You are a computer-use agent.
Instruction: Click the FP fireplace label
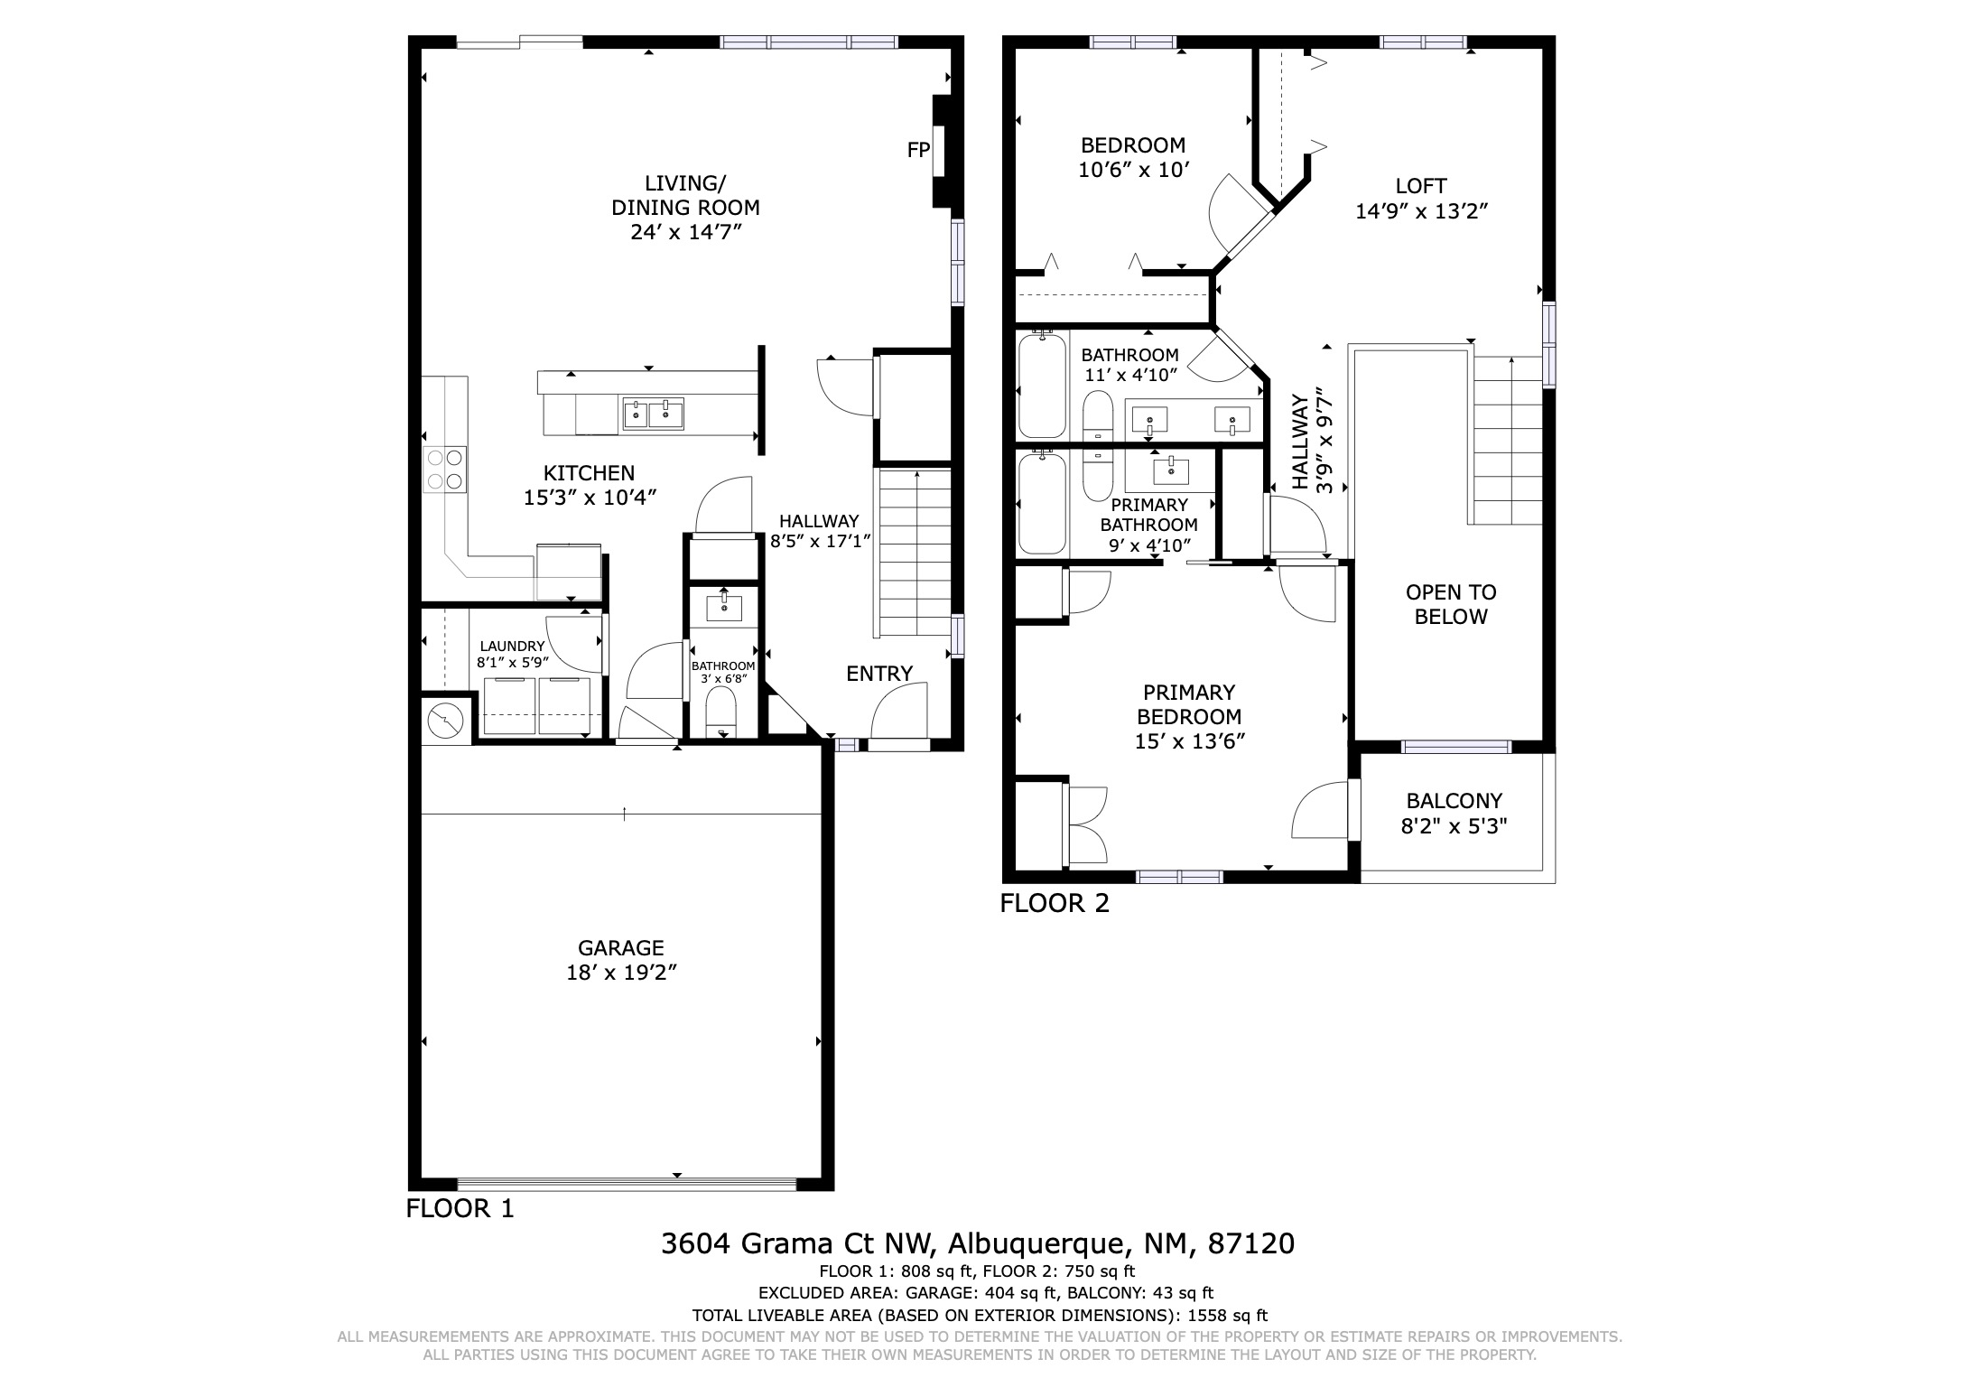click(x=917, y=151)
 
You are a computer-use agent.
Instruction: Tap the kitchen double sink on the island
click(x=653, y=414)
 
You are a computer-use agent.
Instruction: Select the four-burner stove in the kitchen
click(x=445, y=470)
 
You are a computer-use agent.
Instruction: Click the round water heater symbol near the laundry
click(x=445, y=720)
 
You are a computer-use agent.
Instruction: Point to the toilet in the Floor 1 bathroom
click(x=721, y=713)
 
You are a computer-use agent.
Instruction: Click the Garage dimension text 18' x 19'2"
click(x=621, y=973)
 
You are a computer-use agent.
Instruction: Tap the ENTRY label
click(x=879, y=673)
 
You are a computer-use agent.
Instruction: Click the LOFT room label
click(x=1421, y=186)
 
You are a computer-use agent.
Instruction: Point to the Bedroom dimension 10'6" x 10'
click(x=1134, y=170)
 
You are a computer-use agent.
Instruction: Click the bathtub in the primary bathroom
click(x=1042, y=504)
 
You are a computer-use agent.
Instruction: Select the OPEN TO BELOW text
click(x=1451, y=604)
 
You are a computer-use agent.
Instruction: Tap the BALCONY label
click(x=1454, y=800)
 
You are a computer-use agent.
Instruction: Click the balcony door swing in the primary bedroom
click(x=1323, y=810)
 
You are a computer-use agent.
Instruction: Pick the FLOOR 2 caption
click(x=1055, y=903)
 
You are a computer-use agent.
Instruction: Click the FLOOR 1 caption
click(x=460, y=1208)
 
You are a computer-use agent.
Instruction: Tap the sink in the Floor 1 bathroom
click(x=723, y=607)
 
